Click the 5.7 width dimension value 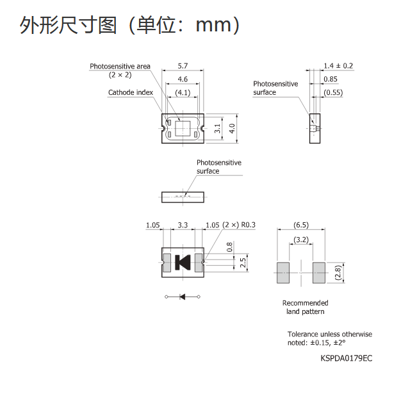183,66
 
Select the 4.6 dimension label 183,79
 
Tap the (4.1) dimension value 183,93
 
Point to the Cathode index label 131,92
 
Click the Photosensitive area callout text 120,70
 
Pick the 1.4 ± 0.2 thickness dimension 338,66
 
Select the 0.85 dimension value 331,79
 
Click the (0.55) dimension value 333,93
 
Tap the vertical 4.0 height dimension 232,128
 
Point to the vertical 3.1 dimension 217,128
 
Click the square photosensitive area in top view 183,128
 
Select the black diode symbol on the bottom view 183,263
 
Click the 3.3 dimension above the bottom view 183,225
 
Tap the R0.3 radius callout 249,225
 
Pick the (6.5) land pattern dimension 301,225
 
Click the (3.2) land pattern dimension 301,240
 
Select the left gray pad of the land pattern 283,273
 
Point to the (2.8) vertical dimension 338,273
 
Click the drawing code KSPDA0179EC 347,358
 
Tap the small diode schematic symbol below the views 183,297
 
